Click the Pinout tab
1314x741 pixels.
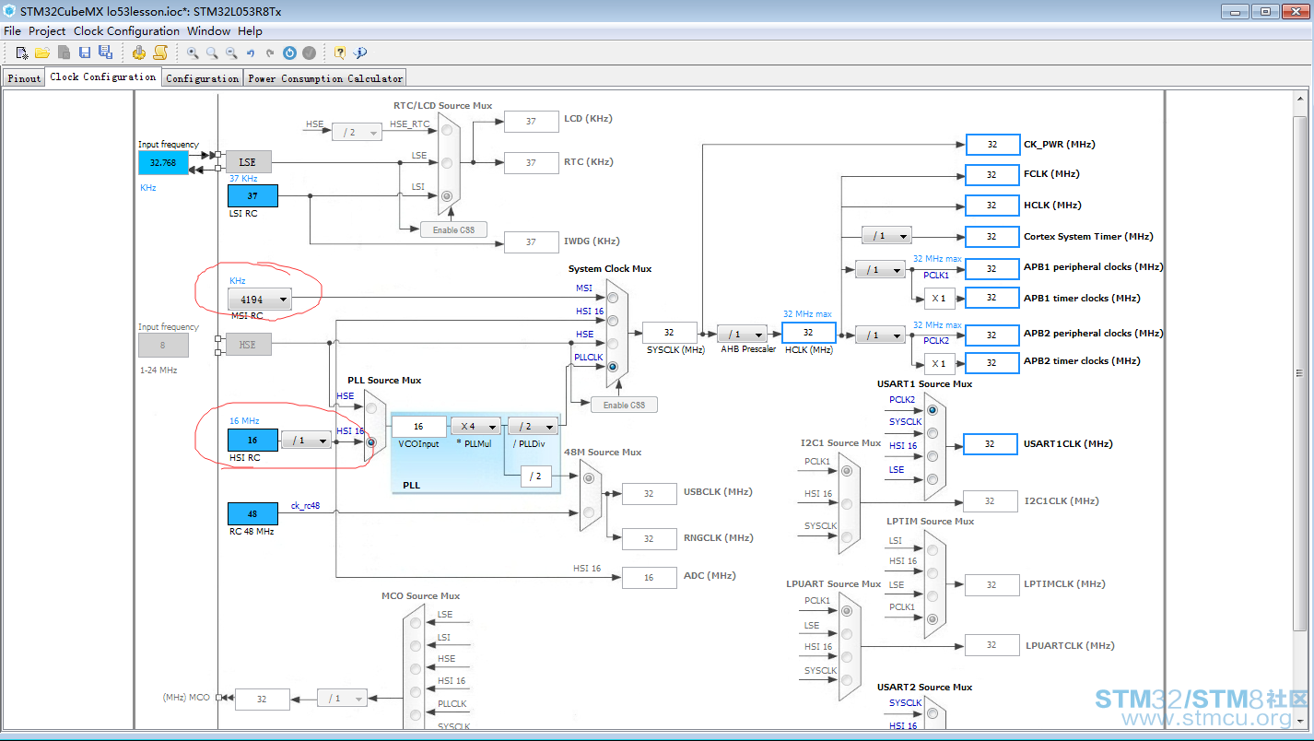23,78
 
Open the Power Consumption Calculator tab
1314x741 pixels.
325,78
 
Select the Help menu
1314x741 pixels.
250,31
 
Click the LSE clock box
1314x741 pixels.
247,162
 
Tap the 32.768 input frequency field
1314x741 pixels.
163,162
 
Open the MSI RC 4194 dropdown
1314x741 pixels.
259,300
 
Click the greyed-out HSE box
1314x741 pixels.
247,345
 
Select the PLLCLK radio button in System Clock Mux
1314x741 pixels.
613,367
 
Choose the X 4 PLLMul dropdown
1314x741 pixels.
475,427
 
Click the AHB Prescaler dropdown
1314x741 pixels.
742,334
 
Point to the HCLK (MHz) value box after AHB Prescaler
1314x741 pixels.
808,332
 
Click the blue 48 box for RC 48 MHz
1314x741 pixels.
252,513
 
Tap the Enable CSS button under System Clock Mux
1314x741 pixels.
624,405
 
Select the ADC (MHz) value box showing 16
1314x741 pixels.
649,577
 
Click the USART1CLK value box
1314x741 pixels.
991,443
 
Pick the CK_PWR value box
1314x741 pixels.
992,145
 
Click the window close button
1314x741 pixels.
1296,11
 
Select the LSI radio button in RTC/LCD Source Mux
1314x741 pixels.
447,196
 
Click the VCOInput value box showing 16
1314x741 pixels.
418,427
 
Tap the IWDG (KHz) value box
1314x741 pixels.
531,241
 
